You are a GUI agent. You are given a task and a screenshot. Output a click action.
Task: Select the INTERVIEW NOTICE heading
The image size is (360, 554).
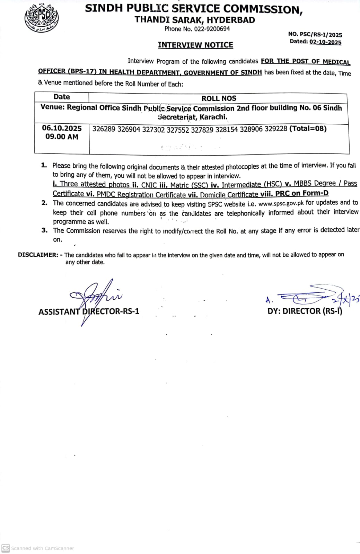tap(195, 45)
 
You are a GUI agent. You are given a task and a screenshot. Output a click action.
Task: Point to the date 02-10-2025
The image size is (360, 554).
tap(325, 42)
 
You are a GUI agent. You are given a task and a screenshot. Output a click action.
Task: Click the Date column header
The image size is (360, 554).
tap(62, 97)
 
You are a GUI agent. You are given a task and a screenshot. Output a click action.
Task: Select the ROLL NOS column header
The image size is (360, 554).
tap(219, 98)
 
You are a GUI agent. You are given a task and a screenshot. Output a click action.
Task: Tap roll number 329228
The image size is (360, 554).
tap(276, 129)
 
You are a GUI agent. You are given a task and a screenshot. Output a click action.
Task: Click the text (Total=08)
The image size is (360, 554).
tap(308, 129)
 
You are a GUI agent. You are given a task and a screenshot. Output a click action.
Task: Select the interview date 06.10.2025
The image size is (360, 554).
tap(62, 128)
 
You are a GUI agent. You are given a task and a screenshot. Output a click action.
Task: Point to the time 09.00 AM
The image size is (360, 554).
tap(62, 137)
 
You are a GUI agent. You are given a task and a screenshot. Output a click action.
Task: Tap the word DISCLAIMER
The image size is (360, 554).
tap(38, 255)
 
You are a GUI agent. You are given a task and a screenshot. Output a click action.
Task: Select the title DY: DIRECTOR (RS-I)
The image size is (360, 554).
tap(305, 311)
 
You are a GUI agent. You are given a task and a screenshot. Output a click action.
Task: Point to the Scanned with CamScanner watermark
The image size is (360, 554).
tap(38, 548)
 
